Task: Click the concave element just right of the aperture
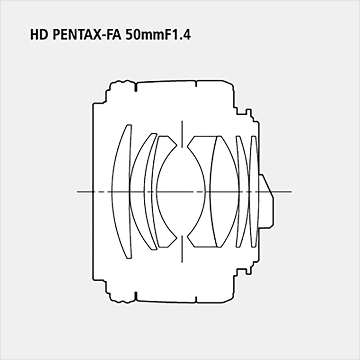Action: point(198,192)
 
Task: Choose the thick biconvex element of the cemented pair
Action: point(224,192)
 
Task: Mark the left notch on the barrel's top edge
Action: point(136,87)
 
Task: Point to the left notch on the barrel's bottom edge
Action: point(136,296)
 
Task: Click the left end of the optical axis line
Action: point(78,192)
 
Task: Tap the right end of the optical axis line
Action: point(291,192)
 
